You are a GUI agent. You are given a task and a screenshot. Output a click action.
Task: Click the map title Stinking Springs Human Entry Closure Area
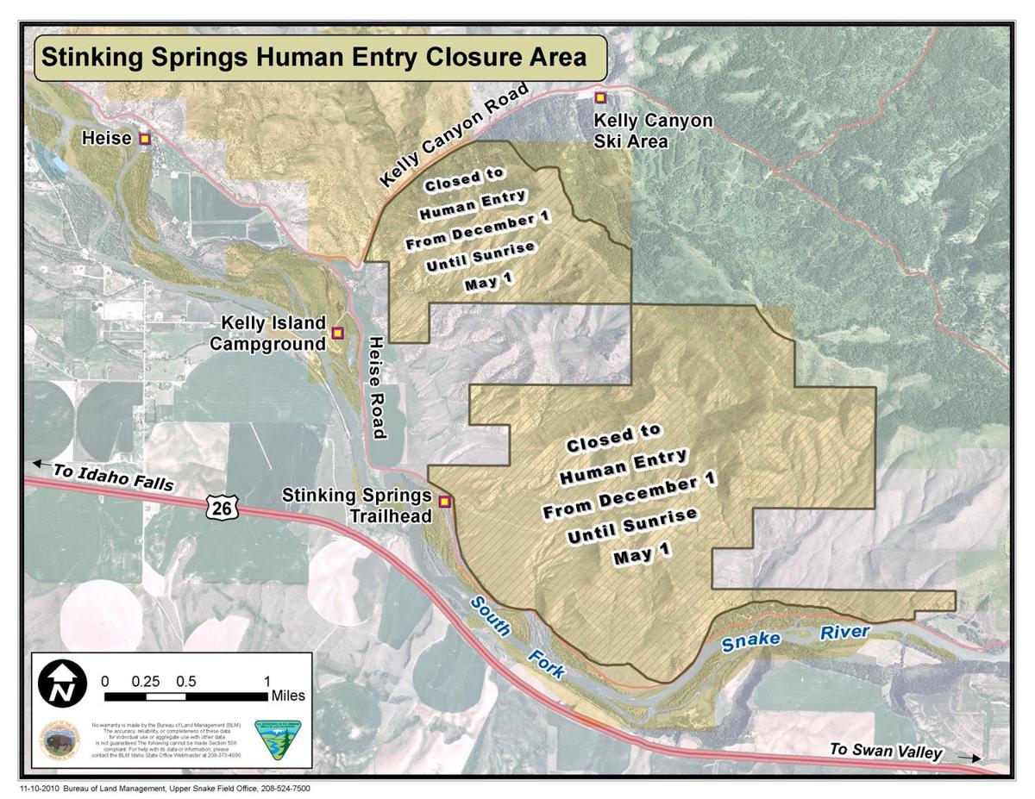point(314,59)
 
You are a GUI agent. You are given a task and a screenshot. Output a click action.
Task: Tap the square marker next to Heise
point(145,138)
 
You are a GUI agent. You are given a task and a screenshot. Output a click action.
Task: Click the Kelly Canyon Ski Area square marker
point(600,97)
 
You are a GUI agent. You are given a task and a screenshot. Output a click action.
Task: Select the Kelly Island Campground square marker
point(337,332)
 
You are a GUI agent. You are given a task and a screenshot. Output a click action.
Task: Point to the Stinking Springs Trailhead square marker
point(445,502)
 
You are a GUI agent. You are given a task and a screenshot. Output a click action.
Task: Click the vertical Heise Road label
point(376,388)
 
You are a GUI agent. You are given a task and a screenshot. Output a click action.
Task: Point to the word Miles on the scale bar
point(287,696)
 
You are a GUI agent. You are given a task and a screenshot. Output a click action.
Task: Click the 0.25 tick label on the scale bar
point(146,680)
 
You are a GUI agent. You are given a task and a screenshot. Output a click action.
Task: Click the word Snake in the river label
point(751,640)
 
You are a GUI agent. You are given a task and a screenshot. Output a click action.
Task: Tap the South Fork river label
point(515,635)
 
